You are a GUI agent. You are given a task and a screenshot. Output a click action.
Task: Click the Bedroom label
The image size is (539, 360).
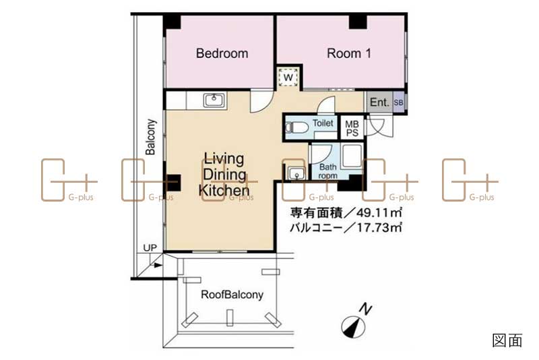click(222, 53)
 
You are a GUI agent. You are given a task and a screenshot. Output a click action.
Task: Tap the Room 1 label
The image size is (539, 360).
click(349, 53)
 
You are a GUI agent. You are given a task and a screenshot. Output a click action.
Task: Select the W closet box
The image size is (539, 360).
click(288, 78)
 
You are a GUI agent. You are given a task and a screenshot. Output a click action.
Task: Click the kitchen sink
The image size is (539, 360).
click(214, 100)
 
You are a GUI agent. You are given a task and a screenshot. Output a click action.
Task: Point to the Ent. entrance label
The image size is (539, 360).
click(379, 102)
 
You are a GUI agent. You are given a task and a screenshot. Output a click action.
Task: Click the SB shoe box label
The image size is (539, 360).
click(398, 102)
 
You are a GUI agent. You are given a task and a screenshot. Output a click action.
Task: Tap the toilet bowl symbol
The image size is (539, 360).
click(296, 127)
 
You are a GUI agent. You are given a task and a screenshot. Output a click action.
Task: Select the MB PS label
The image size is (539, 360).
click(352, 128)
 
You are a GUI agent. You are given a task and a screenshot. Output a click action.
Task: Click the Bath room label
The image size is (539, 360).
click(328, 171)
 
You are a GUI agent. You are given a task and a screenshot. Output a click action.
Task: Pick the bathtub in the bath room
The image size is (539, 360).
click(352, 156)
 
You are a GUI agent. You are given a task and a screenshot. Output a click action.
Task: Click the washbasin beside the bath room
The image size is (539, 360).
click(296, 173)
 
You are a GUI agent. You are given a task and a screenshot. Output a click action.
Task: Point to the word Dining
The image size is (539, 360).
click(224, 175)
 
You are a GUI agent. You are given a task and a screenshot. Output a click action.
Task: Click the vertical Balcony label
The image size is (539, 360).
click(150, 137)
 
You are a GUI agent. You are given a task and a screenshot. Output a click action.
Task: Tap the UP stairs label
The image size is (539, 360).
click(150, 247)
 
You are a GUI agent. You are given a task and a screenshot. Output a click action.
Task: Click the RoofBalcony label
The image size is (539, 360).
click(232, 295)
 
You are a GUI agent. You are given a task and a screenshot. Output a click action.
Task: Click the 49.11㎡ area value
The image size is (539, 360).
click(379, 213)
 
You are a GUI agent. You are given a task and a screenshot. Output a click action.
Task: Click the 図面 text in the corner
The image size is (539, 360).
click(507, 340)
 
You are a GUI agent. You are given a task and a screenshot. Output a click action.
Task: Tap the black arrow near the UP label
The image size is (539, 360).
click(158, 265)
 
